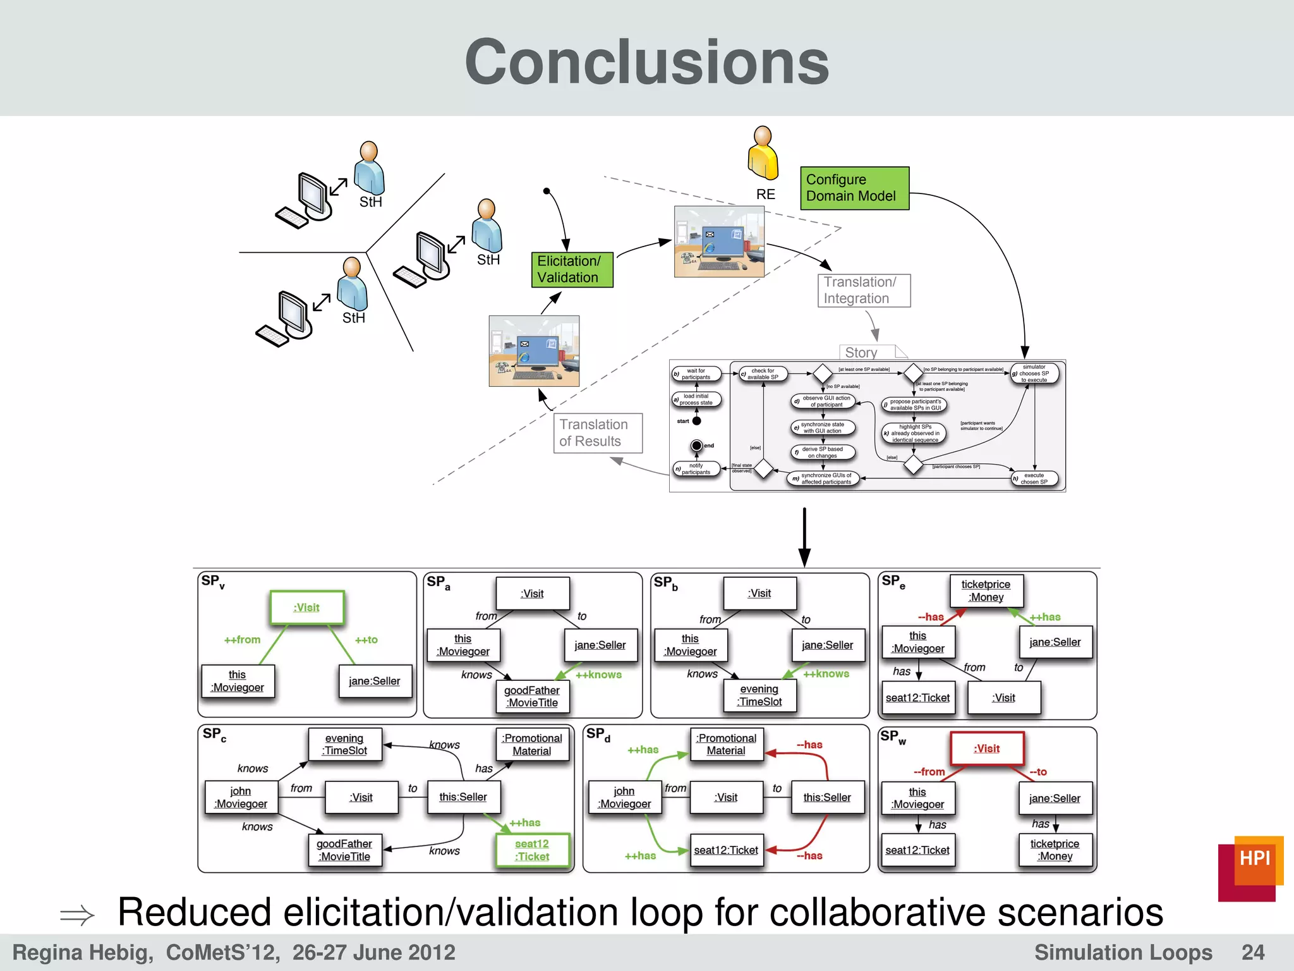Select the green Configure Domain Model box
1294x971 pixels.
[854, 188]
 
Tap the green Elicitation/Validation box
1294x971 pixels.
[572, 269]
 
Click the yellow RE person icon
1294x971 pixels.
[763, 153]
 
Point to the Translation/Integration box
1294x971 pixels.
[864, 291]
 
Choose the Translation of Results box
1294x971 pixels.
[598, 433]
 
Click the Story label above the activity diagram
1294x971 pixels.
[861, 352]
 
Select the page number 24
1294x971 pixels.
[1252, 952]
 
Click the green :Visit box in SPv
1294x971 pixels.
[307, 608]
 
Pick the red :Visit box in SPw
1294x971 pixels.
[987, 748]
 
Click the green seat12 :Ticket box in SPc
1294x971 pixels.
[532, 850]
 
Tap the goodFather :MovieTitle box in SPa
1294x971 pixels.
[532, 697]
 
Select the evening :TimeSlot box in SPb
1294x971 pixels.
[759, 695]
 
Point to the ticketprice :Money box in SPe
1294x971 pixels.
[986, 590]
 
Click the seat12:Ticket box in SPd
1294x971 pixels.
[726, 850]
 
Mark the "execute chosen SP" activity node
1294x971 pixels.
[1034, 479]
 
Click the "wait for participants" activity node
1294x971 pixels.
[696, 374]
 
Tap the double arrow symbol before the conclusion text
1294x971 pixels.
[77, 915]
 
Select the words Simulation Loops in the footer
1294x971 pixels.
[1123, 952]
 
